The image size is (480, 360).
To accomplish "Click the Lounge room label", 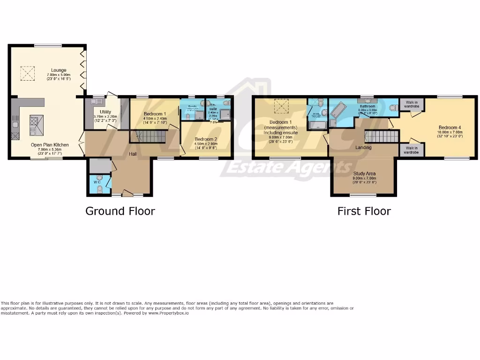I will (x=59, y=70).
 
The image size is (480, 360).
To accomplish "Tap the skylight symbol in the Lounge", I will (x=27, y=72).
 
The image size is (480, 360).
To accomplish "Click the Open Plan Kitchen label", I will (x=50, y=145).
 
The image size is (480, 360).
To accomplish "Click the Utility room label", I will (x=105, y=112).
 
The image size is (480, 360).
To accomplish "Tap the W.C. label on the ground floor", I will (x=97, y=182).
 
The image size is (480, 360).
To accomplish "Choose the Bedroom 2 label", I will (x=206, y=139).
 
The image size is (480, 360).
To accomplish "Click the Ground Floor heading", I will (x=120, y=211).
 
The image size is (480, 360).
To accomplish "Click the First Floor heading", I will (x=364, y=211).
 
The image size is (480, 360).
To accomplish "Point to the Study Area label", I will (x=364, y=173).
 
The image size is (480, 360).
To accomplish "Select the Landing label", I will (x=363, y=147).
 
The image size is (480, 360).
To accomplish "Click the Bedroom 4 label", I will (x=450, y=127).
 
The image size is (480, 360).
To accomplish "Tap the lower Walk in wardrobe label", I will (x=411, y=150).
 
